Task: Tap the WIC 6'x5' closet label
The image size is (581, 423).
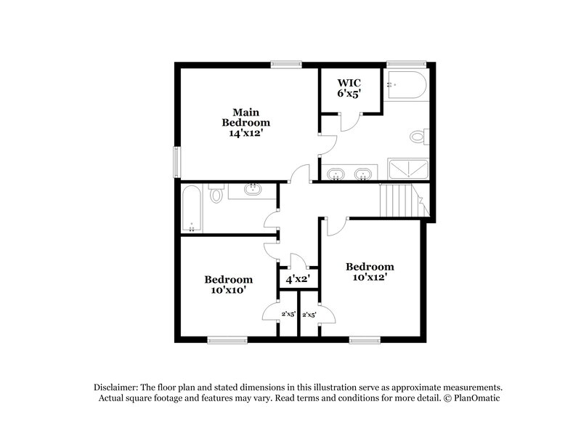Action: coord(349,88)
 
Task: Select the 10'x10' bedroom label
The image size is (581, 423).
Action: coord(228,284)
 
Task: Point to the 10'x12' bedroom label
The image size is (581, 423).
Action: coord(370,272)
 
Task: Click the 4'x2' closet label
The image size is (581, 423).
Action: coord(298,278)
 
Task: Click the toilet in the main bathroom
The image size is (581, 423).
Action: coord(418,136)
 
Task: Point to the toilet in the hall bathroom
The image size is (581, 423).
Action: coord(216,196)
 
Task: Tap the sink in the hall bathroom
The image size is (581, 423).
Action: coord(252,190)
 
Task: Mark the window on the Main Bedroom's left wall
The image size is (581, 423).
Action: coord(176,161)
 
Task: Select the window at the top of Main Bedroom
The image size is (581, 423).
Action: coord(286,64)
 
